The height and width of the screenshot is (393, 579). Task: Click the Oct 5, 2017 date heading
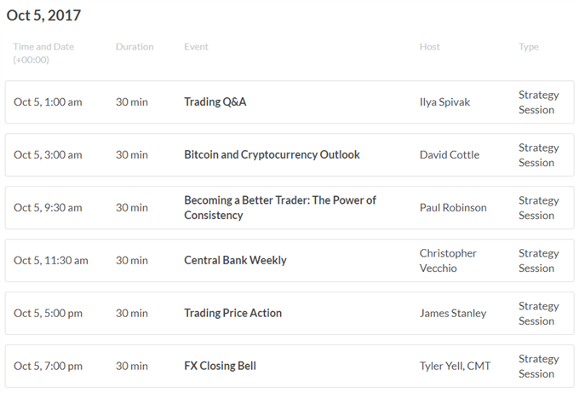(x=43, y=15)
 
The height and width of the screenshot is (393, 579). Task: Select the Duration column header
(x=135, y=47)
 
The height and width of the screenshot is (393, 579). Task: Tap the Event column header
(x=196, y=47)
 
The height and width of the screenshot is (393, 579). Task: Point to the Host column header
(x=429, y=47)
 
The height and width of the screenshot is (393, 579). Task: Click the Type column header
(x=529, y=48)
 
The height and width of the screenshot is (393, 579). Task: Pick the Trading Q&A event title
(x=215, y=101)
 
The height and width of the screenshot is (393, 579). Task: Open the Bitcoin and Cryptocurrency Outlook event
(x=272, y=154)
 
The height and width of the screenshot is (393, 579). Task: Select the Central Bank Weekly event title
(x=235, y=260)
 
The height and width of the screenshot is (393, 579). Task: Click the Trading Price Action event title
(x=232, y=313)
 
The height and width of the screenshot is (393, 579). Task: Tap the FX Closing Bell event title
(x=220, y=366)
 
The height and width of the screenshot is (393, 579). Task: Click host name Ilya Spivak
(x=444, y=102)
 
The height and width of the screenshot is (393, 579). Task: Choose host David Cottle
(x=450, y=154)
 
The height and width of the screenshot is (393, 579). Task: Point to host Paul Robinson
(x=453, y=207)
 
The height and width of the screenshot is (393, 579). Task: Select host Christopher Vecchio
(x=448, y=261)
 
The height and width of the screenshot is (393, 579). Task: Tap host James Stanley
(x=453, y=314)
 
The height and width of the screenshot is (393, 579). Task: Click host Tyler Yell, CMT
(x=455, y=366)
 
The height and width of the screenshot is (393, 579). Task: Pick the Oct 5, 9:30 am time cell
(x=48, y=208)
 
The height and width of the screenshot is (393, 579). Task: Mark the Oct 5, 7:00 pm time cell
(x=48, y=367)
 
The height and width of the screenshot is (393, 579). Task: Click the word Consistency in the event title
(x=214, y=215)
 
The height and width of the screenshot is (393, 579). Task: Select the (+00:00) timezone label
(x=31, y=60)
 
